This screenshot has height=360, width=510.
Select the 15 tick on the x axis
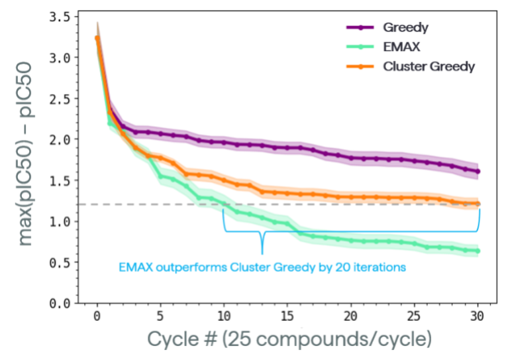click(x=287, y=316)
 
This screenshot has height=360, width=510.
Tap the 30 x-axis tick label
click(x=478, y=316)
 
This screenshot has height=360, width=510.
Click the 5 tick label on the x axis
click(x=160, y=316)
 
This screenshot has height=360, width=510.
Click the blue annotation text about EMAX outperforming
click(x=262, y=268)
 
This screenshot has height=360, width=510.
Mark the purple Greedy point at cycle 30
click(x=478, y=171)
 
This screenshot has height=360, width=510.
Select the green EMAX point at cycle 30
click(x=478, y=251)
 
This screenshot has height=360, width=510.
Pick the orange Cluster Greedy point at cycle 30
click(x=478, y=204)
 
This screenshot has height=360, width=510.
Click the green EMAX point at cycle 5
click(x=160, y=176)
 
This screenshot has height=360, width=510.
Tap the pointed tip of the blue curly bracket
click(x=262, y=253)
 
